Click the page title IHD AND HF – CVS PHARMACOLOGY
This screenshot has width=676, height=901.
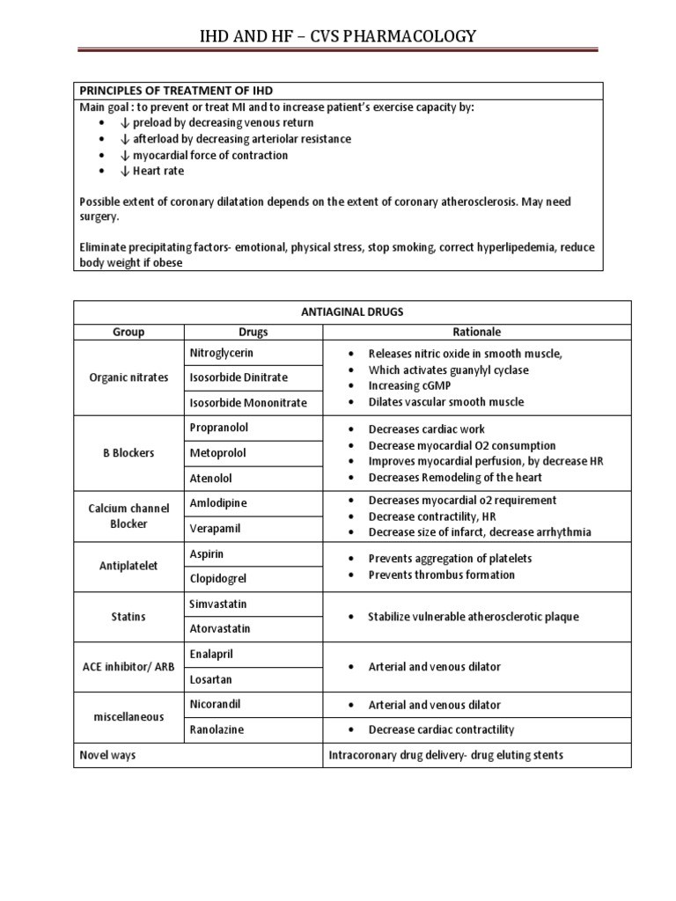click(337, 35)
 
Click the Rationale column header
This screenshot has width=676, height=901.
click(476, 332)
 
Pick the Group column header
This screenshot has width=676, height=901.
click(128, 332)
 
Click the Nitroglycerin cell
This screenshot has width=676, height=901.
click(222, 353)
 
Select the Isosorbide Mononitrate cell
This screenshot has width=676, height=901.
click(248, 402)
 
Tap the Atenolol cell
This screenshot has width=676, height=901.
click(211, 478)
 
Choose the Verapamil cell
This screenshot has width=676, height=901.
click(214, 528)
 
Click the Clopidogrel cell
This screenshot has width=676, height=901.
click(218, 578)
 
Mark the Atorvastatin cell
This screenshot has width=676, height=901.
click(221, 628)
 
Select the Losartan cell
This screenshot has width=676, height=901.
click(211, 678)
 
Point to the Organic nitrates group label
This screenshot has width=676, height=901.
click(128, 377)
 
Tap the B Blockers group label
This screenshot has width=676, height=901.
click(128, 452)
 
